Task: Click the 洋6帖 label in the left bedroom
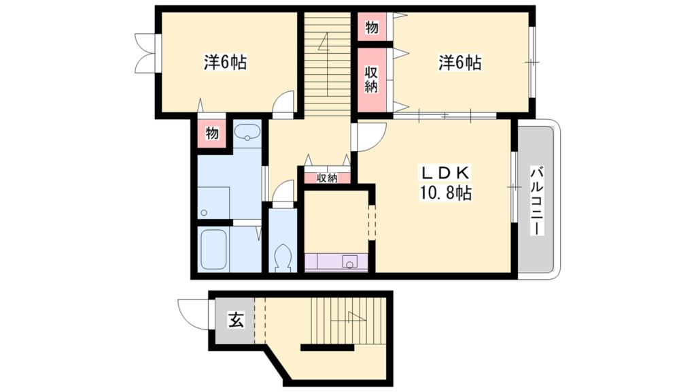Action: point(225,63)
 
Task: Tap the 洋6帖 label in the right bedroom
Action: point(459,63)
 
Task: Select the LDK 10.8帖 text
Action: point(445,182)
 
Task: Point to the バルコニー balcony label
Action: point(536,199)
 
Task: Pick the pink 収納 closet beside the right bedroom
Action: point(371,80)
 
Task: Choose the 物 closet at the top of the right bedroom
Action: point(372,27)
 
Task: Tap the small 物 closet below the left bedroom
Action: point(212,133)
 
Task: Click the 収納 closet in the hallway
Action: point(327,178)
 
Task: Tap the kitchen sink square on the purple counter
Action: point(349,261)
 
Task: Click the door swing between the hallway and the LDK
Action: point(369,136)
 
